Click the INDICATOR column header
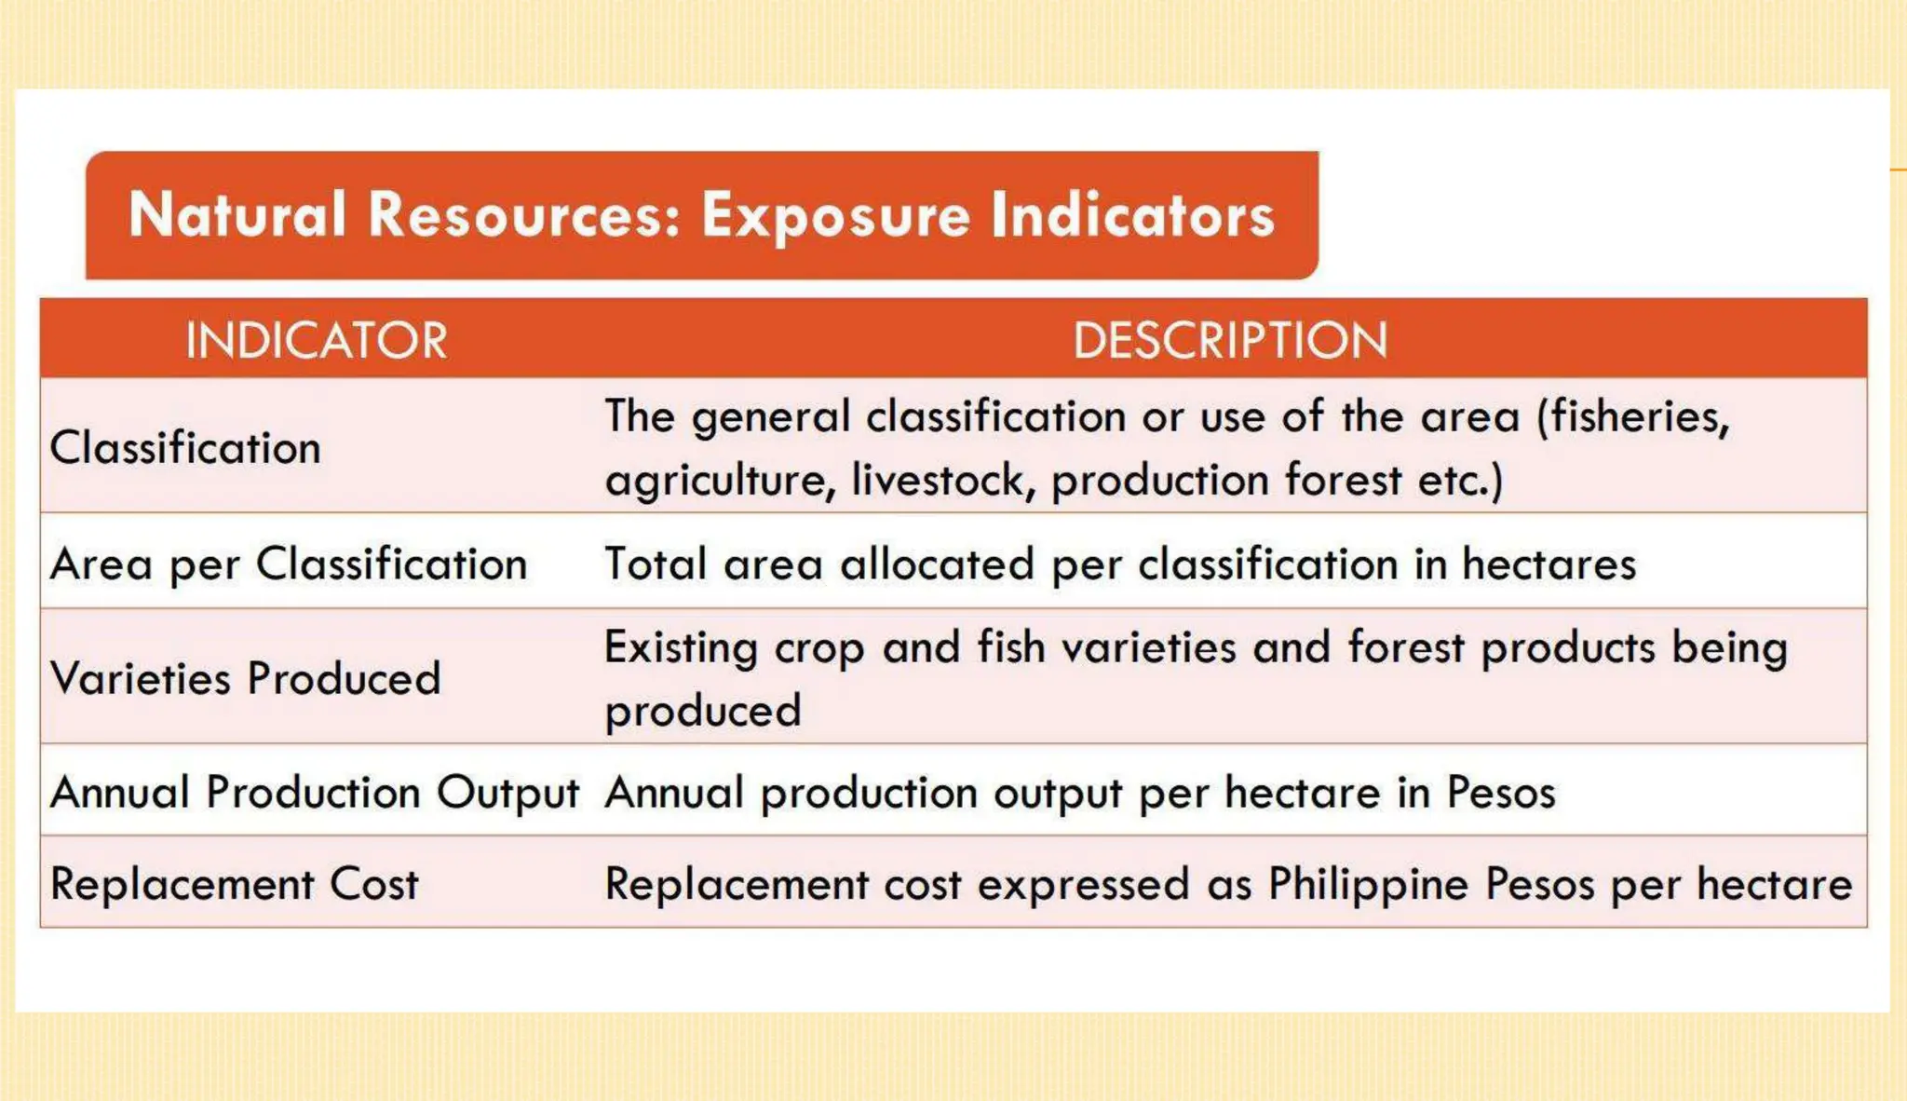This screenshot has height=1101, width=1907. (317, 340)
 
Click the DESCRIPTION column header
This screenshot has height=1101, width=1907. (1230, 340)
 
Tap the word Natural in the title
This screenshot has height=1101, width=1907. (237, 215)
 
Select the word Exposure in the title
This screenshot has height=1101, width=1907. (835, 215)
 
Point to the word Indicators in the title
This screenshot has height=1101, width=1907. (1132, 215)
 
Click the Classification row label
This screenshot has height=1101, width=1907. (185, 448)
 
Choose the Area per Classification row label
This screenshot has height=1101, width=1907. (289, 564)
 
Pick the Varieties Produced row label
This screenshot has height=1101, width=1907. (246, 678)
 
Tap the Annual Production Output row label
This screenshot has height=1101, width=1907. (315, 793)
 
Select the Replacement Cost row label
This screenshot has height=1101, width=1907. (235, 884)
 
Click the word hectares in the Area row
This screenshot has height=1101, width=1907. (1549, 564)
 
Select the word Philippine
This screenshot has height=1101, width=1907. (1368, 885)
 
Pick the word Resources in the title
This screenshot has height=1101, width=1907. (524, 215)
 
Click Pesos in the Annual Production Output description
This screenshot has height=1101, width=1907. (1500, 793)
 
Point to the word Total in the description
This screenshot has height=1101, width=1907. (656, 564)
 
